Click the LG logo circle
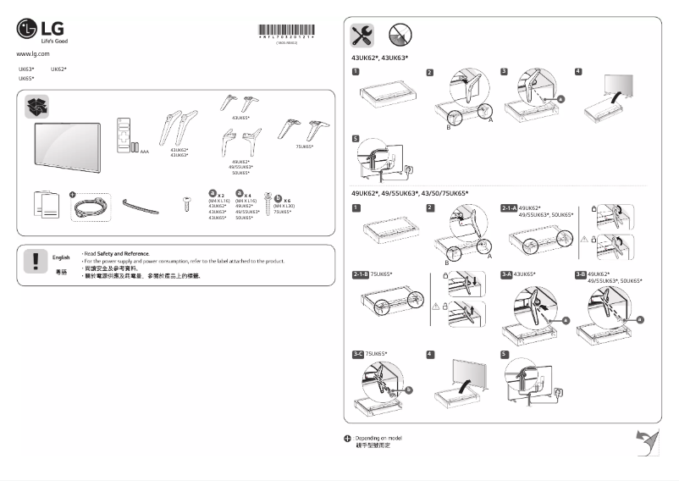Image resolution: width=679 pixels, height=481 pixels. coord(28,30)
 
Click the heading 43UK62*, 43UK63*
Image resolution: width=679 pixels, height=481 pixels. coord(379,58)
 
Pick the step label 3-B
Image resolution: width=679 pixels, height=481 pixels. coord(581,274)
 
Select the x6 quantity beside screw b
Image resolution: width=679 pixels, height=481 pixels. coord(288,199)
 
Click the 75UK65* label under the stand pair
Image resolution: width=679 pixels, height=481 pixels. coord(305,147)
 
